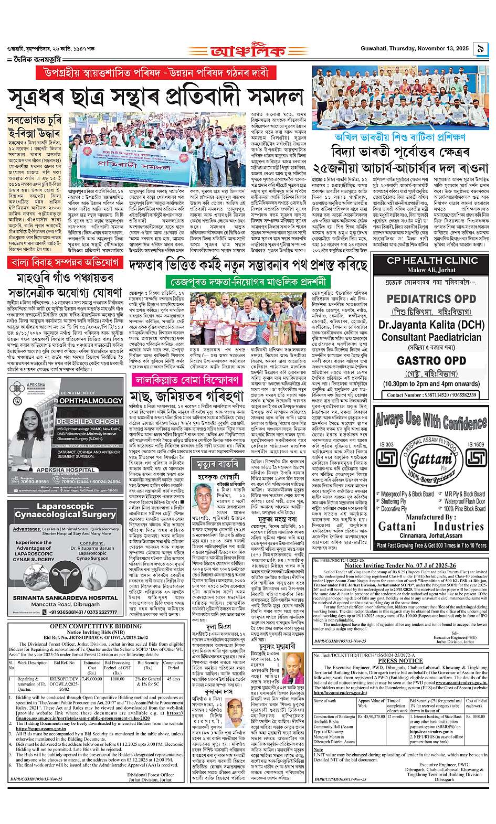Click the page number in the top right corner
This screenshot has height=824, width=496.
pos(480,49)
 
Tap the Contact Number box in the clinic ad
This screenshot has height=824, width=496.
pos(426,394)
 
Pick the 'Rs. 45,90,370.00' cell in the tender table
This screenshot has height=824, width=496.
pos(371,716)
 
